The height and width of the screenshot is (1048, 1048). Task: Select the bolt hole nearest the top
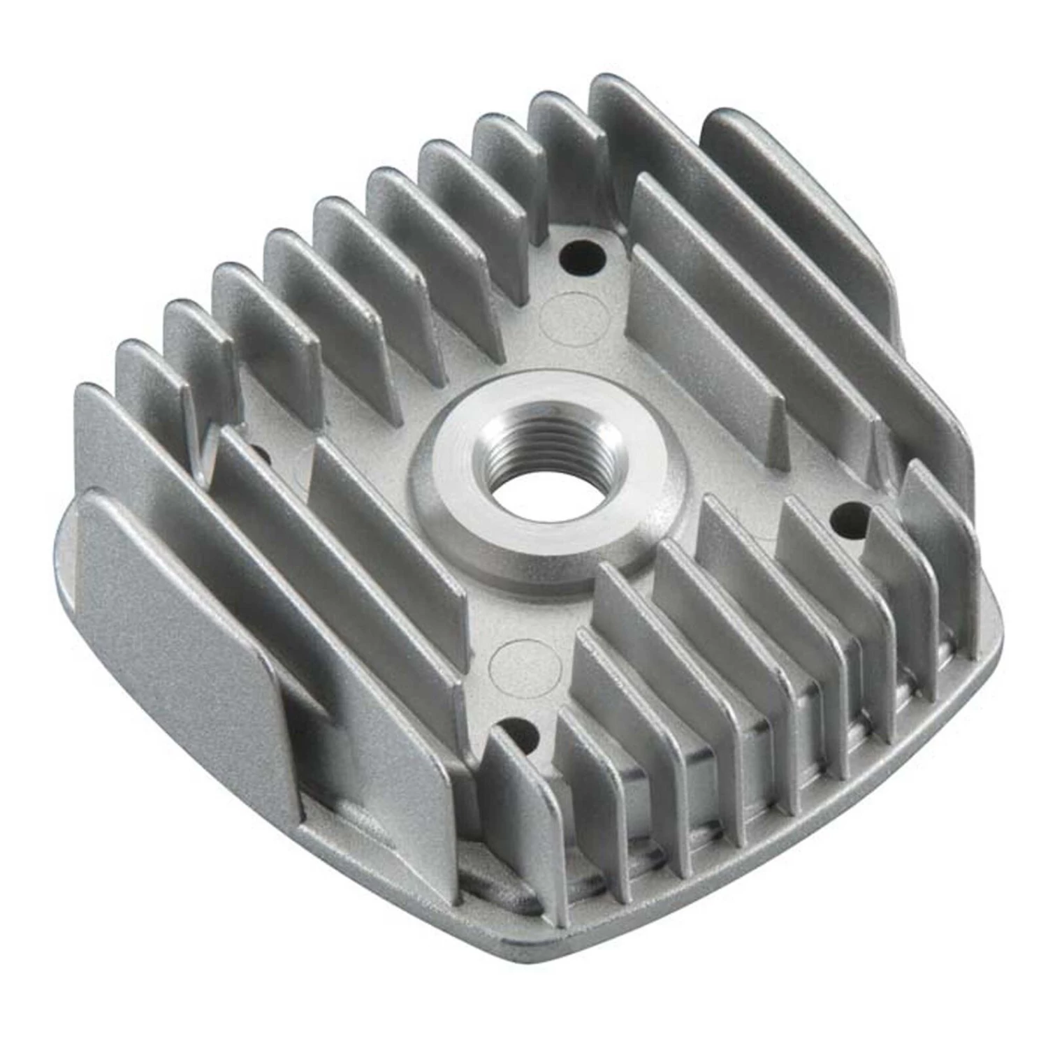click(582, 258)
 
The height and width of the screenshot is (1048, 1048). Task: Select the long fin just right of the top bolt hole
click(699, 300)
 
